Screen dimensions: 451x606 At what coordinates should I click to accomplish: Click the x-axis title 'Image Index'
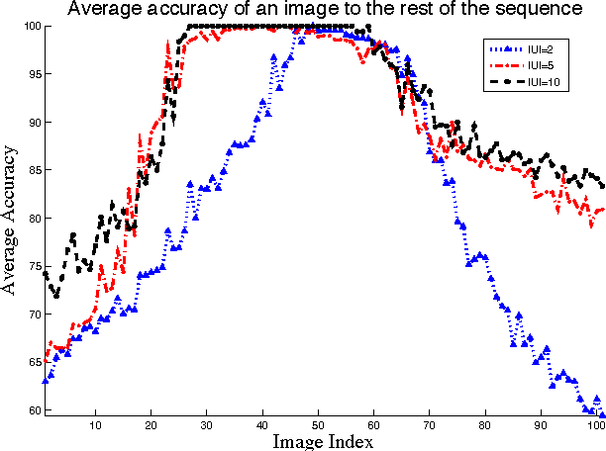click(x=323, y=441)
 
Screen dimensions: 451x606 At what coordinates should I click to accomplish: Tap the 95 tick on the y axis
click(x=34, y=74)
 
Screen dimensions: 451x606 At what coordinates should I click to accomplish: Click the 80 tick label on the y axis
click(x=34, y=219)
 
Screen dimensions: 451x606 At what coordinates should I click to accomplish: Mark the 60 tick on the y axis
click(x=34, y=409)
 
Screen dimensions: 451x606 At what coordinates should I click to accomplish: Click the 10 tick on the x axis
click(x=95, y=426)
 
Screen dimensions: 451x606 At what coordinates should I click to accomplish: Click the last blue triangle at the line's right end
click(x=602, y=414)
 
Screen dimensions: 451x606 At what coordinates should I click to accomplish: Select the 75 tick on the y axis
click(x=34, y=266)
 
